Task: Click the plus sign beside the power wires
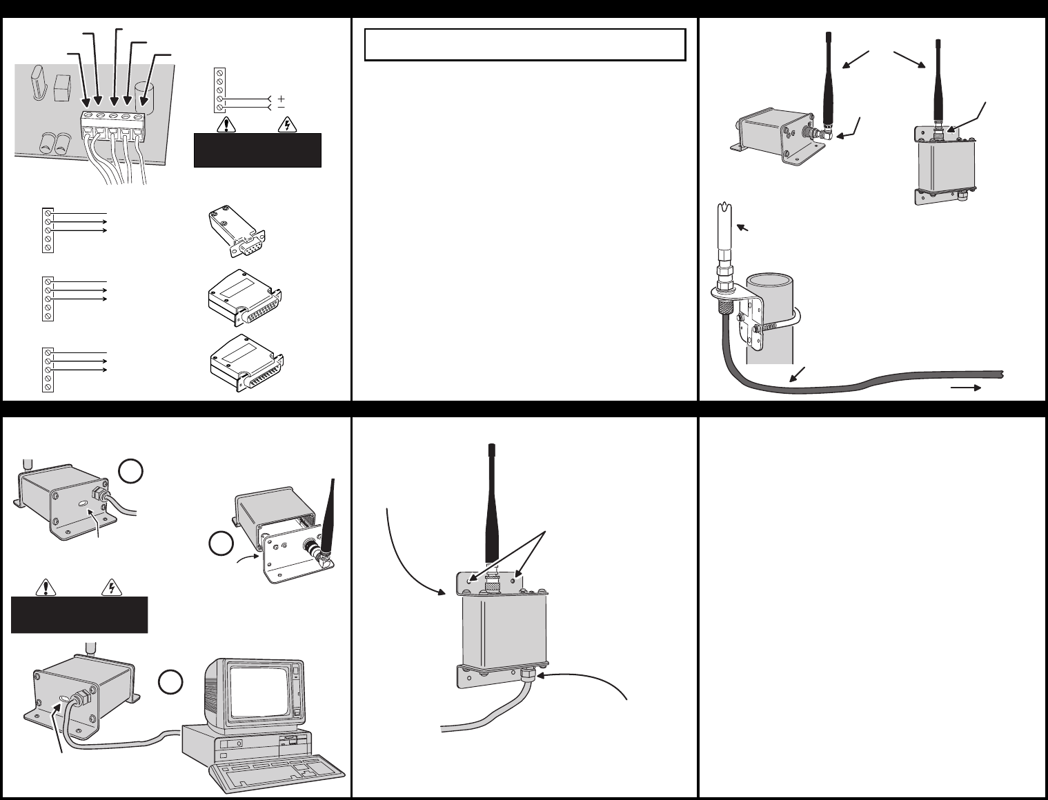(x=281, y=99)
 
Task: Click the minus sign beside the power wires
(x=281, y=108)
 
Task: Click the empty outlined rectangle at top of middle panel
(x=524, y=45)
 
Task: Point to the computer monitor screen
(x=257, y=689)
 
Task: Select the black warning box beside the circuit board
(x=257, y=150)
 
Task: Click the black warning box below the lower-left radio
(x=79, y=614)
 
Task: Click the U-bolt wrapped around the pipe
(x=787, y=324)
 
